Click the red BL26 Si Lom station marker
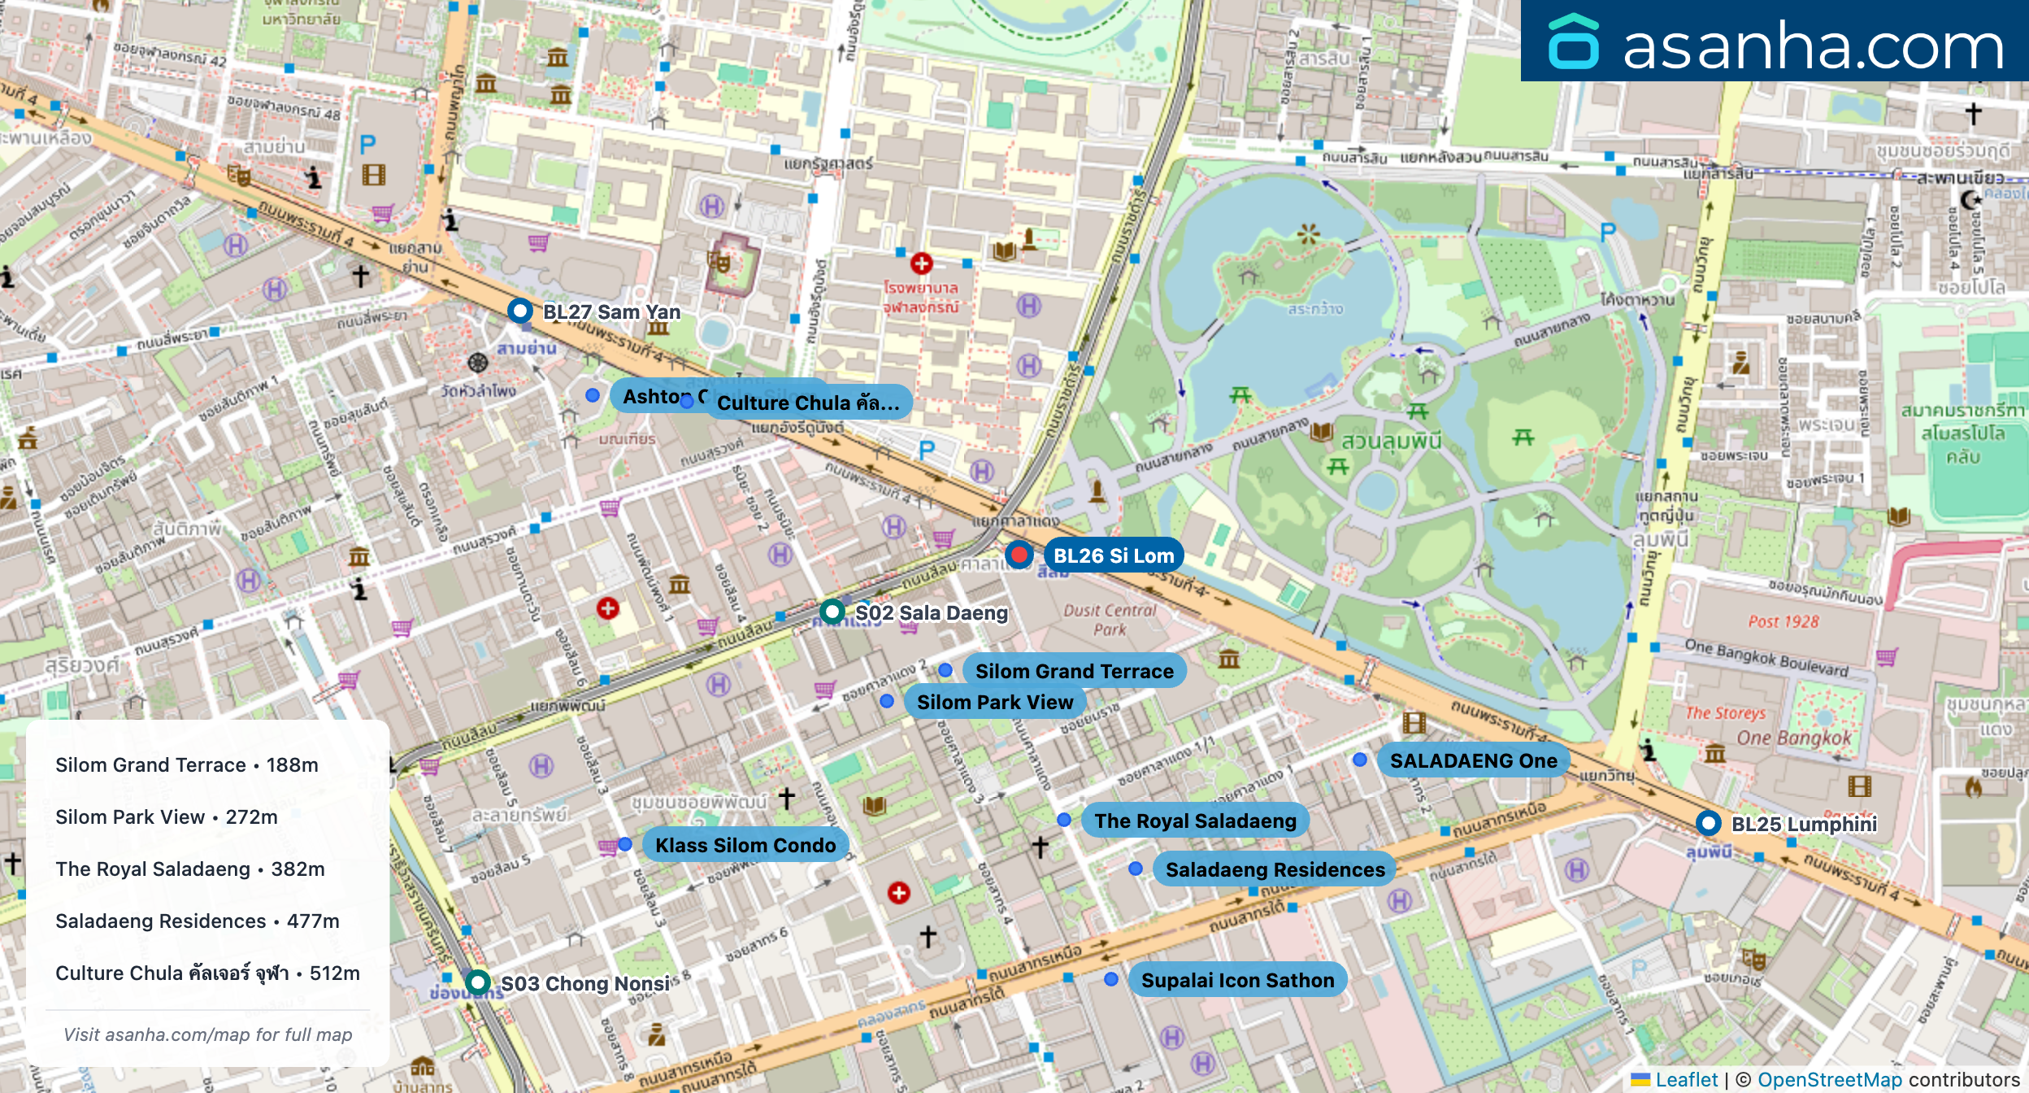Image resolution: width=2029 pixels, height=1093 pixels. (1019, 555)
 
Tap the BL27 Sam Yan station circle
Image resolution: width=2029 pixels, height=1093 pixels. (520, 311)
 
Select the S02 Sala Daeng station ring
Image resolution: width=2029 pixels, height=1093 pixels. (832, 612)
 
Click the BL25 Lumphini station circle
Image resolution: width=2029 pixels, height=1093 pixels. (1709, 823)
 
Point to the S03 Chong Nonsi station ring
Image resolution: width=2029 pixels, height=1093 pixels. (478, 982)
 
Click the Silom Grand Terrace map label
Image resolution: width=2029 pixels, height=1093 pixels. (1074, 671)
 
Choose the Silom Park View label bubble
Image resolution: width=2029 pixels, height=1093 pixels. (995, 702)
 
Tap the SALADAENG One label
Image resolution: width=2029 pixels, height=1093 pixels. (1473, 760)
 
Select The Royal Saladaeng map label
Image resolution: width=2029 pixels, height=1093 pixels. (1195, 821)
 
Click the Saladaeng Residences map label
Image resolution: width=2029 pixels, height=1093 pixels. (1275, 869)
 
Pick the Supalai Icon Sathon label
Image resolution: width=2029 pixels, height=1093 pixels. (1237, 980)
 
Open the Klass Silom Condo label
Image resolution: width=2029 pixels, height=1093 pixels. (745, 845)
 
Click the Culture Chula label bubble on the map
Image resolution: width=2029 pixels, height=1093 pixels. (808, 403)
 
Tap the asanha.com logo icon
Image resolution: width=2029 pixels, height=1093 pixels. (1573, 42)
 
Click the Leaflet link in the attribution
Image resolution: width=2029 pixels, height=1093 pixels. (1686, 1079)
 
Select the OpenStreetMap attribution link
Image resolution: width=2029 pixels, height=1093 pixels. (1829, 1079)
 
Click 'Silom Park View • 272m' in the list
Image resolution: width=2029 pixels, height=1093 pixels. (167, 816)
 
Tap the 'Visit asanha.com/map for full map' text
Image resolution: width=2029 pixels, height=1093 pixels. (208, 1034)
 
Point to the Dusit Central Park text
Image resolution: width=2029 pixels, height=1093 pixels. (1110, 619)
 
